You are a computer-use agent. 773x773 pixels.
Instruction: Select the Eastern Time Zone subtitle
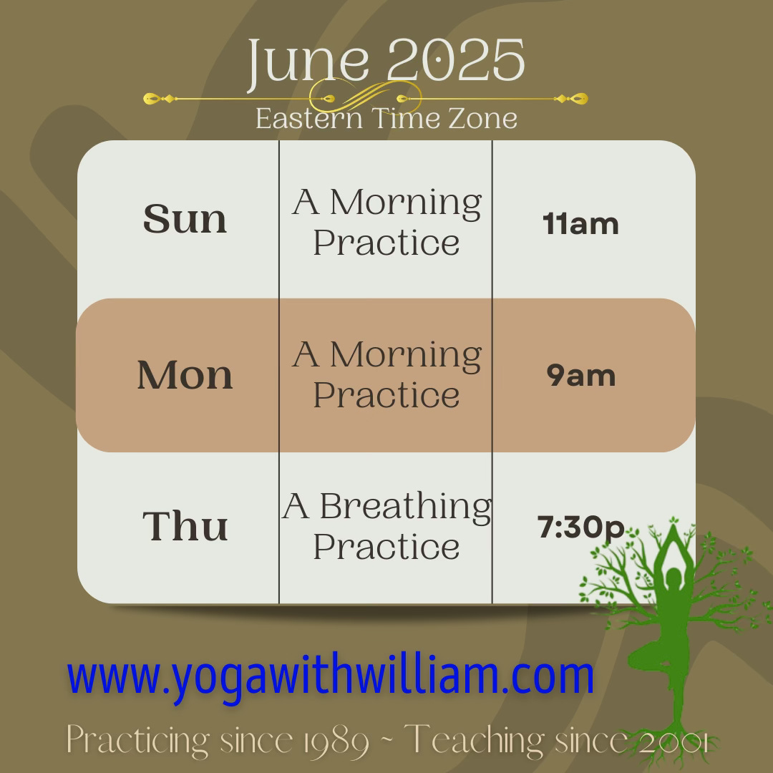[x=386, y=118]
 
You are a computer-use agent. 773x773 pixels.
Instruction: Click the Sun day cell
[x=185, y=220]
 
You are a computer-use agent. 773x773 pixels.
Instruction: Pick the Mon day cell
[x=185, y=375]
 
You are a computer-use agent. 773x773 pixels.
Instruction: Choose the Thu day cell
[x=185, y=526]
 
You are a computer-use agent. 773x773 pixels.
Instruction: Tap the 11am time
[x=580, y=224]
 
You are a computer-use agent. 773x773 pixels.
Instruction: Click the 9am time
[x=580, y=376]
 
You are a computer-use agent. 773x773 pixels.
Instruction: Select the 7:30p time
[x=580, y=528]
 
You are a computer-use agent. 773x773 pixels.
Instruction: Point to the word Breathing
[x=405, y=507]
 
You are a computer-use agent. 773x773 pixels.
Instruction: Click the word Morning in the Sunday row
[x=405, y=203]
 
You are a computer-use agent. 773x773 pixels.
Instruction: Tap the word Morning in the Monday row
[x=405, y=354]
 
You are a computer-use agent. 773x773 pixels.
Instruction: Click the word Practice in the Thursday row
[x=386, y=548]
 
